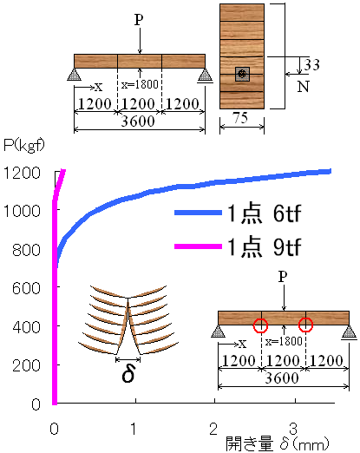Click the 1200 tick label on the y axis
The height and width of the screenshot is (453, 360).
22,173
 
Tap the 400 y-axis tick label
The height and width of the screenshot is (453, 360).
27,327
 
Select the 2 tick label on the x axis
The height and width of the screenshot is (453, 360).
213,430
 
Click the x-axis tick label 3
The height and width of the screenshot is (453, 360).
293,430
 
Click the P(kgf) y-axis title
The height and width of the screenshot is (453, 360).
24,145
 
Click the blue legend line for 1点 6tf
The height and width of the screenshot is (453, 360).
198,213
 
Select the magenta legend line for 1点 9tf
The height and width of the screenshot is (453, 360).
198,246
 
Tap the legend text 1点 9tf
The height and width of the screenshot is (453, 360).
265,246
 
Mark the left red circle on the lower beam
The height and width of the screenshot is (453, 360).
260,325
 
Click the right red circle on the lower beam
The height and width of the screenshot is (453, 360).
305,325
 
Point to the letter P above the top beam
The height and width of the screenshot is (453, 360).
139,20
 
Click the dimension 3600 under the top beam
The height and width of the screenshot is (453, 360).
138,121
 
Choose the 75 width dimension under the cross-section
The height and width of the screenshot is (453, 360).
240,118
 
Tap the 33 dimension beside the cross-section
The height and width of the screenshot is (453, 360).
311,65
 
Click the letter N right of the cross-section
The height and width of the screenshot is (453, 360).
304,87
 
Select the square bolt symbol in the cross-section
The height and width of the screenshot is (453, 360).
242,74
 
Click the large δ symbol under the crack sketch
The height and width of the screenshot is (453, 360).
128,375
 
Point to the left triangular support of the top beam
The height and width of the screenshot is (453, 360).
74,75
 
